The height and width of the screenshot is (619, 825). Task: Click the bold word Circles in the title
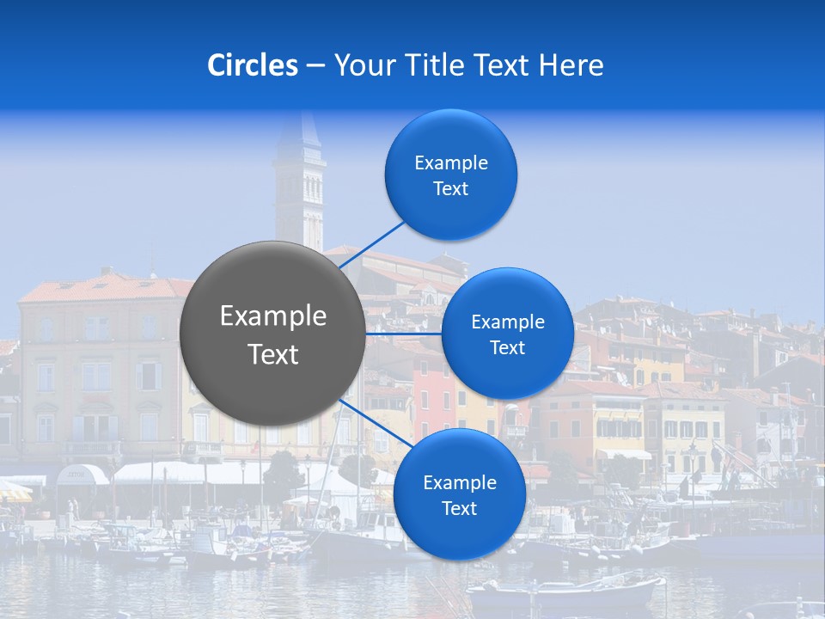click(x=252, y=65)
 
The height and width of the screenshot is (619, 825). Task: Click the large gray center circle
click(x=272, y=333)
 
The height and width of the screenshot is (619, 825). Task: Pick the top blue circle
click(x=450, y=174)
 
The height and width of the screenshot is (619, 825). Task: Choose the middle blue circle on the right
click(x=507, y=334)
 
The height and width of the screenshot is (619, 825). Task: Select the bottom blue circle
click(x=459, y=494)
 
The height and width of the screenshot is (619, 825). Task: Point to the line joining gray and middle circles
click(x=403, y=334)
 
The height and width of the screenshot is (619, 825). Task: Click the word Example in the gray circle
click(x=273, y=316)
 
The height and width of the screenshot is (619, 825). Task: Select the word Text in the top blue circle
click(x=450, y=189)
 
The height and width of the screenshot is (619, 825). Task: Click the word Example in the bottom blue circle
click(x=459, y=482)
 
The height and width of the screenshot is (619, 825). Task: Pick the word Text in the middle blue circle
click(x=507, y=348)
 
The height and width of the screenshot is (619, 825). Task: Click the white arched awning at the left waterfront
click(x=82, y=474)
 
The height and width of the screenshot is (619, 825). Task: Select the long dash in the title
click(x=315, y=66)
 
